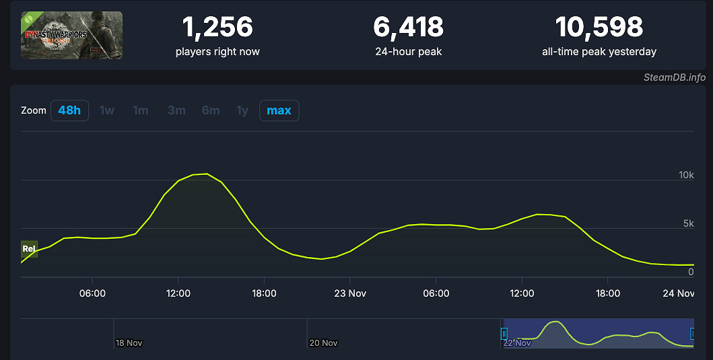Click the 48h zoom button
(69, 110)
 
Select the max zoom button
(279, 110)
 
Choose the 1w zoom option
(107, 110)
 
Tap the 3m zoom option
(176, 110)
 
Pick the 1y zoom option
(242, 110)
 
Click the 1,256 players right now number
(217, 27)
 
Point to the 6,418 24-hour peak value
(408, 27)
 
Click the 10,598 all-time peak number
(599, 27)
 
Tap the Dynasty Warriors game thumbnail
(71, 35)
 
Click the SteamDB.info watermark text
(674, 77)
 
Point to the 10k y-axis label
(685, 175)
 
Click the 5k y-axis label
(687, 223)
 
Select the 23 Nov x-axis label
(349, 293)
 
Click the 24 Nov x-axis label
(677, 293)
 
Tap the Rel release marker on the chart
(29, 249)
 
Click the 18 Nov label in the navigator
(129, 343)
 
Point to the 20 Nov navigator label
(323, 343)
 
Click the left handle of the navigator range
(504, 333)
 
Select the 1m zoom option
(140, 110)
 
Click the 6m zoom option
(211, 110)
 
